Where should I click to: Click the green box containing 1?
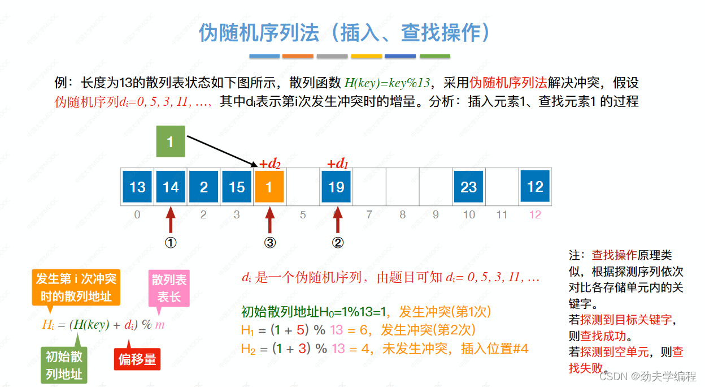(x=171, y=141)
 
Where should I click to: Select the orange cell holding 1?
(x=269, y=187)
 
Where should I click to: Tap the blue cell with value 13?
(x=137, y=187)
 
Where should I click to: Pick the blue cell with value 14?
(x=171, y=187)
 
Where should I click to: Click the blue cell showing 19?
(x=336, y=187)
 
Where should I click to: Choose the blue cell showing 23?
(x=468, y=187)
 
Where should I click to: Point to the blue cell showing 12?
(x=535, y=186)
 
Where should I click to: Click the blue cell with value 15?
(x=237, y=187)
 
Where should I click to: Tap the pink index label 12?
(x=535, y=215)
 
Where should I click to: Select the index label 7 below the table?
(x=369, y=215)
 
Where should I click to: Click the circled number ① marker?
(x=171, y=243)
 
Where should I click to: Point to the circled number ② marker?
(x=338, y=243)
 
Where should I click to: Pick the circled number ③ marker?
(x=270, y=243)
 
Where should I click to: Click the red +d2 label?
(x=270, y=164)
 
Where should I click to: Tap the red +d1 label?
(x=338, y=164)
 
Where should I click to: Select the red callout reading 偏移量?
(x=137, y=359)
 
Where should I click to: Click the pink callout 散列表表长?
(x=168, y=288)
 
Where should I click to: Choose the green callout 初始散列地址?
(x=64, y=365)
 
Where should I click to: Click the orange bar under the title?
(x=298, y=57)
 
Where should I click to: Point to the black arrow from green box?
(x=220, y=151)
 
